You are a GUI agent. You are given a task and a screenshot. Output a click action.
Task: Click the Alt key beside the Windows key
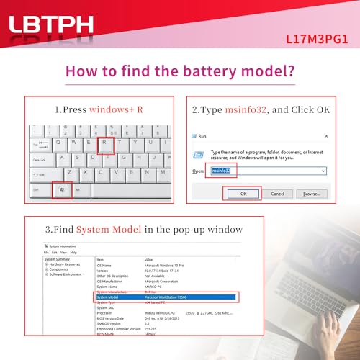[77, 191]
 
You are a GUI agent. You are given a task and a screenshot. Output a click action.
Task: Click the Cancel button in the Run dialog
[277, 194]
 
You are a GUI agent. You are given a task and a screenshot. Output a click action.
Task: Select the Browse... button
[311, 194]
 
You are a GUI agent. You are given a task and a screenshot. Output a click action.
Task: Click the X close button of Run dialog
[327, 135]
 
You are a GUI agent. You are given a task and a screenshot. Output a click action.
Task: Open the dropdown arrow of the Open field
[323, 171]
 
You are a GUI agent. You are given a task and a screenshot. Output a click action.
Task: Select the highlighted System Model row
[166, 297]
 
